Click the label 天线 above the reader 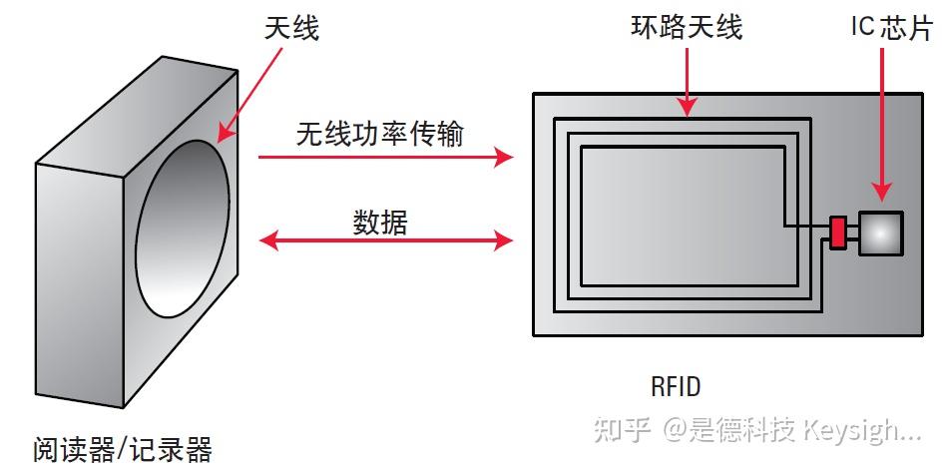tap(291, 29)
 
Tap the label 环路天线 tap(688, 27)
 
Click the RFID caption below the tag tap(678, 385)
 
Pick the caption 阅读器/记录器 tap(122, 449)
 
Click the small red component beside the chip tap(837, 232)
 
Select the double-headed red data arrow tap(385, 239)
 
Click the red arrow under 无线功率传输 tap(385, 157)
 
